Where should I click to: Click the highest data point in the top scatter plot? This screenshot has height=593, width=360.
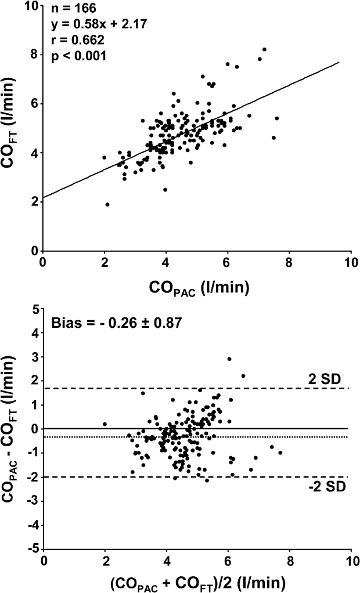(264, 49)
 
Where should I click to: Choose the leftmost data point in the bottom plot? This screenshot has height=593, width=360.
(105, 424)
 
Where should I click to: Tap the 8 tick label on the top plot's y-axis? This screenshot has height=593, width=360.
(34, 54)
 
